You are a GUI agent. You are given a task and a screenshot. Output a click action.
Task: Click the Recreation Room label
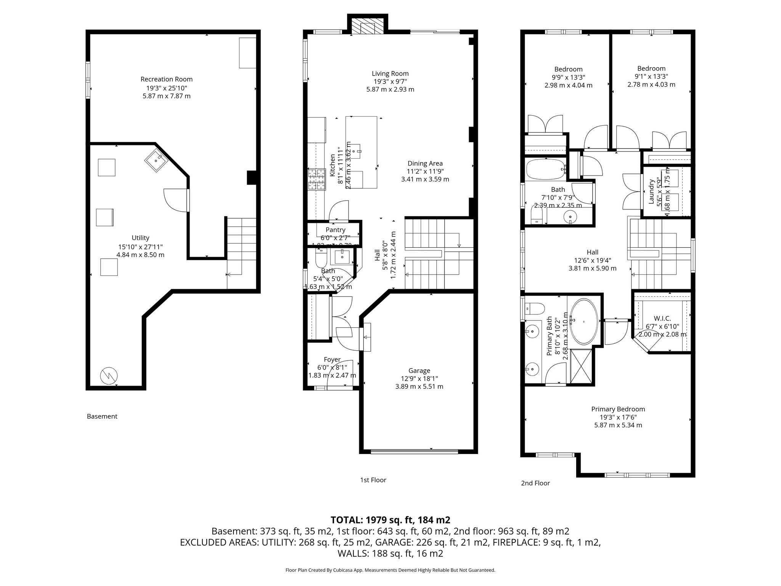pyautogui.click(x=166, y=79)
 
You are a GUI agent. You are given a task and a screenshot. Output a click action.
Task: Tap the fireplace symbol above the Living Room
pyautogui.click(x=367, y=28)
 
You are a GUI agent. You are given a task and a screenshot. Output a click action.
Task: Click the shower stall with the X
pyautogui.click(x=582, y=365)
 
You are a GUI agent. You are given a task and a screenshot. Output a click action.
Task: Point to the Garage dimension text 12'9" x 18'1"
pyautogui.click(x=419, y=378)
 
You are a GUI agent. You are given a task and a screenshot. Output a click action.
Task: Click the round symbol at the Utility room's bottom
pyautogui.click(x=108, y=376)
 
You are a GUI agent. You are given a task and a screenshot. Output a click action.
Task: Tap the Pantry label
pyautogui.click(x=335, y=230)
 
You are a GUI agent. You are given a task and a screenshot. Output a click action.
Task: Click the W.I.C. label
pyautogui.click(x=662, y=318)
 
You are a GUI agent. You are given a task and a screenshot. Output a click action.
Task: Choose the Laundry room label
pyautogui.click(x=651, y=192)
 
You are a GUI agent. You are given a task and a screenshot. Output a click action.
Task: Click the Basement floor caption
pyautogui.click(x=102, y=416)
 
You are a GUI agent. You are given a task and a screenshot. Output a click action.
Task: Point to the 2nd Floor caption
pyautogui.click(x=535, y=483)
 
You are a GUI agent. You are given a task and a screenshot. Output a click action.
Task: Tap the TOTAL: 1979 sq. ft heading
pyautogui.click(x=390, y=520)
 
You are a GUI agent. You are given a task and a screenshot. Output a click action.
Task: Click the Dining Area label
pyautogui.click(x=425, y=163)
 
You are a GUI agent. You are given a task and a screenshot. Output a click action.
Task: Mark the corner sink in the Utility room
pyautogui.click(x=156, y=160)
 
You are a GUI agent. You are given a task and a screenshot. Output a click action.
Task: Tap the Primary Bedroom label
pyautogui.click(x=618, y=409)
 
